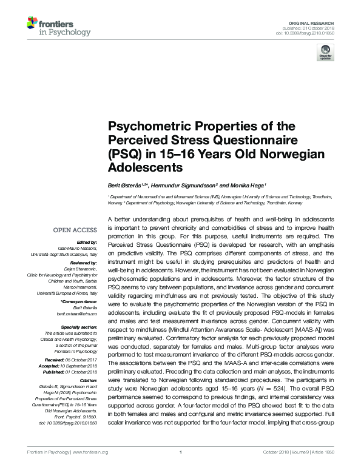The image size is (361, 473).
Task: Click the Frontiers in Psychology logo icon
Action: pos(33,24)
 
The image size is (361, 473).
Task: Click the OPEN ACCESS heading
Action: pos(75,230)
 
